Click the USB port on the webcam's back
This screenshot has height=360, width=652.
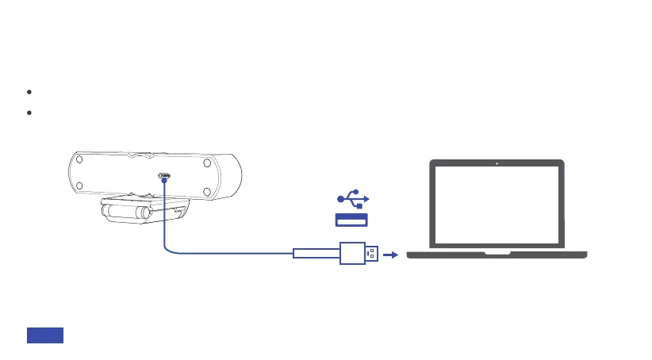click(x=164, y=177)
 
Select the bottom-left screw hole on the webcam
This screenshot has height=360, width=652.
click(x=81, y=190)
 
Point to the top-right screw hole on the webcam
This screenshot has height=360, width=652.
click(x=205, y=163)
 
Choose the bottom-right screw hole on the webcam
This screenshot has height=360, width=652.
click(x=205, y=190)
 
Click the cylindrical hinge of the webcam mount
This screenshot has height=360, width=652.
click(x=123, y=214)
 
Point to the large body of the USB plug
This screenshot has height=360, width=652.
click(x=351, y=255)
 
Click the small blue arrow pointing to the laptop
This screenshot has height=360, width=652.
click(x=389, y=255)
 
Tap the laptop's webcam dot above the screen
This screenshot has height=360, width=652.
click(x=497, y=164)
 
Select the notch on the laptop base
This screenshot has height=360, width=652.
click(x=497, y=254)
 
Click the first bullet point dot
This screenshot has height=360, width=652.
click(x=29, y=92)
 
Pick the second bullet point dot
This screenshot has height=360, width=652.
click(x=29, y=113)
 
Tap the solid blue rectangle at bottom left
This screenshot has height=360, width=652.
click(x=45, y=335)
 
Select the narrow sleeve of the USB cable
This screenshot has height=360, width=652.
click(x=316, y=255)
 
